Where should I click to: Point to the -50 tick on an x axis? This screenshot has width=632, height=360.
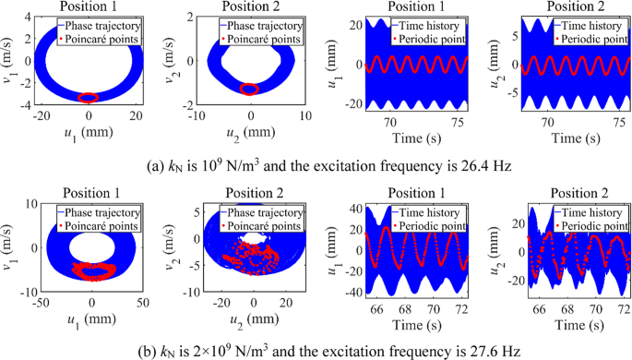pos(42,302)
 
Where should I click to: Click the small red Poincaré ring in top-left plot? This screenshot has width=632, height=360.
pos(88,97)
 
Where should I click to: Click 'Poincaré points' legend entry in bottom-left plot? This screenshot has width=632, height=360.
pos(97,225)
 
